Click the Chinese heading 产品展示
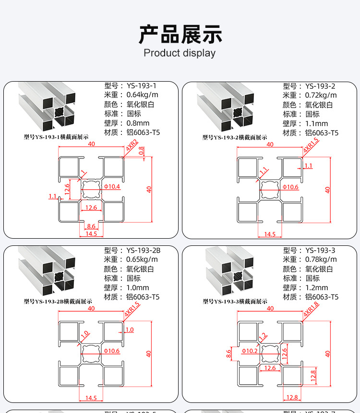180,34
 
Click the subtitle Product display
180,53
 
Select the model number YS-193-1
141,85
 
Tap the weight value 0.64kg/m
142,95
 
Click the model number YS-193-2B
143,250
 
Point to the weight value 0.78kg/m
321,260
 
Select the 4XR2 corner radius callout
132,146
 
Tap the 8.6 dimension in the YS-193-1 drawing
91,226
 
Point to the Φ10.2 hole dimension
250,351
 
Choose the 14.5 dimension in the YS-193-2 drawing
270,234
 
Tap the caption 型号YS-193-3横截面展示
235,302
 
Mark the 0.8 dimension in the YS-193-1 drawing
142,150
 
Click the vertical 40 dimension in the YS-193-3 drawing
328,353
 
